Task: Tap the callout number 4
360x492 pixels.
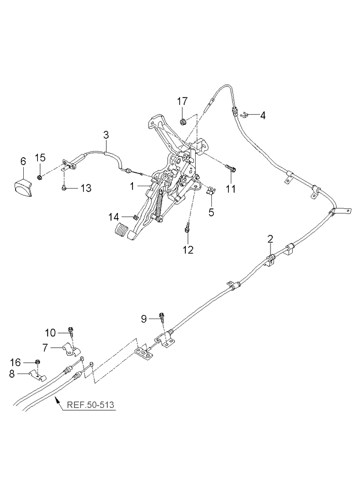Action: pyautogui.click(x=262, y=115)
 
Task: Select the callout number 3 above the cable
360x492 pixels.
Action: pyautogui.click(x=106, y=136)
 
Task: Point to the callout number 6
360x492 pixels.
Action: pyautogui.click(x=23, y=161)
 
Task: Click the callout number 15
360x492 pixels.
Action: pyautogui.click(x=40, y=157)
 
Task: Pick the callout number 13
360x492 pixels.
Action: pyautogui.click(x=85, y=187)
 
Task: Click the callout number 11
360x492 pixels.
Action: pyautogui.click(x=231, y=189)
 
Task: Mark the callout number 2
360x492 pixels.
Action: pyautogui.click(x=270, y=238)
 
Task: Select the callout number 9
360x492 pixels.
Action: pyautogui.click(x=144, y=318)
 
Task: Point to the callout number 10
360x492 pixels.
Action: pyautogui.click(x=51, y=332)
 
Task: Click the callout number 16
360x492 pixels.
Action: pyautogui.click(x=16, y=363)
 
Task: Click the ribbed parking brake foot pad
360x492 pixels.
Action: pyautogui.click(x=124, y=230)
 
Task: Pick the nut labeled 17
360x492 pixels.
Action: pyautogui.click(x=183, y=121)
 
